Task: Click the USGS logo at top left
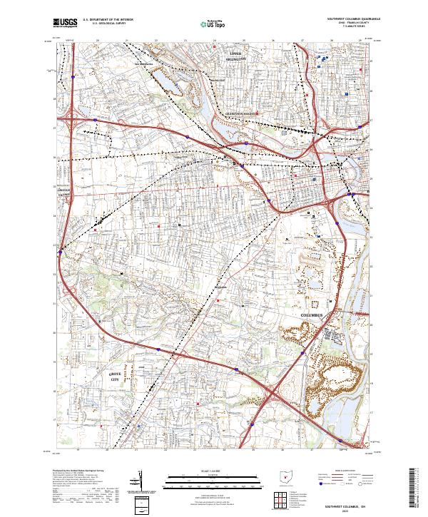coord(66,24)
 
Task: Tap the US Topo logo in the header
coord(208,24)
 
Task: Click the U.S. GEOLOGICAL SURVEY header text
coord(101,24)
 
